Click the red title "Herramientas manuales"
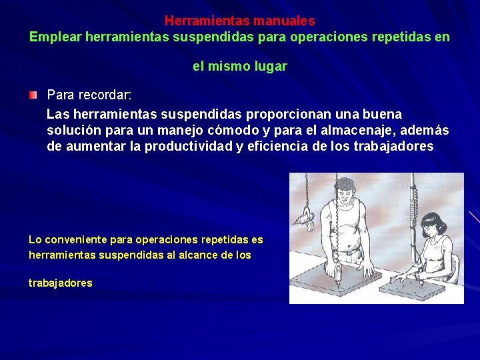point(240,21)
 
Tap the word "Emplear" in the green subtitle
point(55,37)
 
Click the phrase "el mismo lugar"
point(240,66)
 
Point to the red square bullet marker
point(33,96)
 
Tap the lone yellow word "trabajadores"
point(61,283)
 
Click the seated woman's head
point(434,226)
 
